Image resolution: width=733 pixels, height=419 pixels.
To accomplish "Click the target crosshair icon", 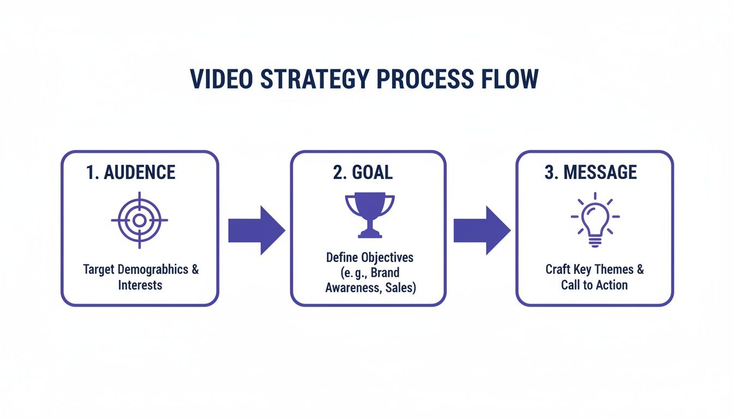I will coord(140,220).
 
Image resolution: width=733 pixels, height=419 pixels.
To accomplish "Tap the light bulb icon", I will coord(595,218).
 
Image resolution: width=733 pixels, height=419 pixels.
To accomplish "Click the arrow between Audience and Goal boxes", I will coord(256,230).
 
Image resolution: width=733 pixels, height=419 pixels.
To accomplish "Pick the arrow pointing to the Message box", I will coord(482,230).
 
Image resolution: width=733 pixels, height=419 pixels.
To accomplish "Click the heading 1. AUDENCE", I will coord(131,172).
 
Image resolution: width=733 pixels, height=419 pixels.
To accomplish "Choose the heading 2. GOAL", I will coord(363,172).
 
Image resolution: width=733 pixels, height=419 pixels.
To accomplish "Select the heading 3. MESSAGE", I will coord(590,172).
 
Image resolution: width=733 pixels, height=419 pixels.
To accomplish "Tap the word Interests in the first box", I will coord(140,285).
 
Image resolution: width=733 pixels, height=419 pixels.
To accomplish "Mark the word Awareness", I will coord(351,288).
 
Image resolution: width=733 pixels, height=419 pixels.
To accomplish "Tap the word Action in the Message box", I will coord(611,285).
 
